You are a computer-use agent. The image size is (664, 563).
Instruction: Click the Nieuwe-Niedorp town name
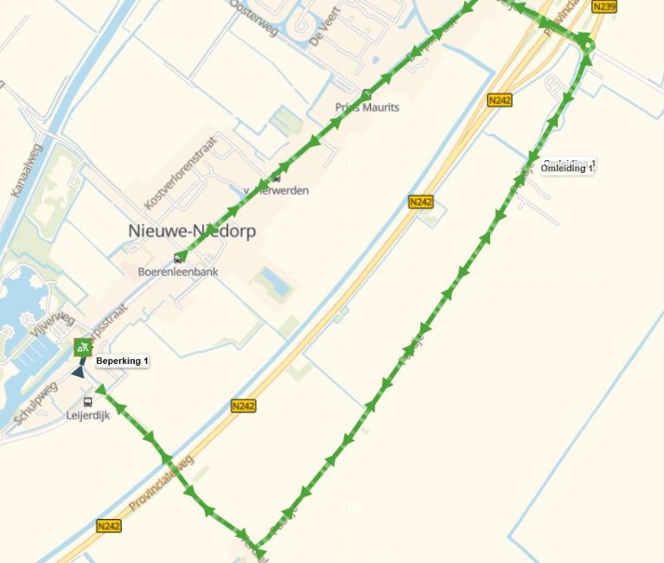(x=191, y=232)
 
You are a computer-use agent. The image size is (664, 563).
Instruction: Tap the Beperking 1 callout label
(x=122, y=361)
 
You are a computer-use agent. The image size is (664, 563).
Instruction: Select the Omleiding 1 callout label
(x=567, y=168)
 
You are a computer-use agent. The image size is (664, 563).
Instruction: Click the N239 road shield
(x=604, y=7)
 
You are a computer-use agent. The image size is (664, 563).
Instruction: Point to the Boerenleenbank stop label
(x=178, y=272)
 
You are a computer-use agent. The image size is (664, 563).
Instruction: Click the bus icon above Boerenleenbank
(x=179, y=257)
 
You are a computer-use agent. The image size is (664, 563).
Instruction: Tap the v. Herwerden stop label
(x=276, y=190)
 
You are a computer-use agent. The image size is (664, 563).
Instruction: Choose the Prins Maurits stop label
(x=367, y=107)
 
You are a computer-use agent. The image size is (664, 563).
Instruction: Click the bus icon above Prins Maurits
(x=367, y=95)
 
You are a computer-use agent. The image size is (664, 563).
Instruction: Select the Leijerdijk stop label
(x=88, y=416)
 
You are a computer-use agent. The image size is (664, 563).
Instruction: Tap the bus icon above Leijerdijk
(x=87, y=402)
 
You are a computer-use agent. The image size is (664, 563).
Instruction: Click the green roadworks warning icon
(x=83, y=348)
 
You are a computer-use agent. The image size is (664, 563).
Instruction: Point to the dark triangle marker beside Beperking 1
(x=79, y=371)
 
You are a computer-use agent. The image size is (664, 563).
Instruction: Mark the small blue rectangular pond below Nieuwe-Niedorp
(x=276, y=280)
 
